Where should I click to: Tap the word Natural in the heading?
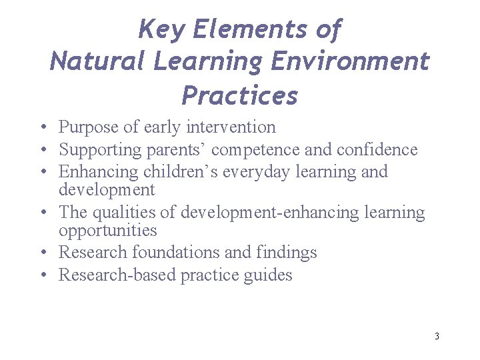pos(98,62)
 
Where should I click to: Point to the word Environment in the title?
pos(350,62)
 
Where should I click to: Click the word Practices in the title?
pos(240,95)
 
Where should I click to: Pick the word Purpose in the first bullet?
pos(87,127)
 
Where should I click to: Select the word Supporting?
pos(99,149)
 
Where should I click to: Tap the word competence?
pos(259,149)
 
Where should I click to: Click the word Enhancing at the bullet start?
pos(98,172)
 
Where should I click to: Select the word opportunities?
pos(107,231)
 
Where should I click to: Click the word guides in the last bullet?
pos(269,275)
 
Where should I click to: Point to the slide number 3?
pos(437,336)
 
